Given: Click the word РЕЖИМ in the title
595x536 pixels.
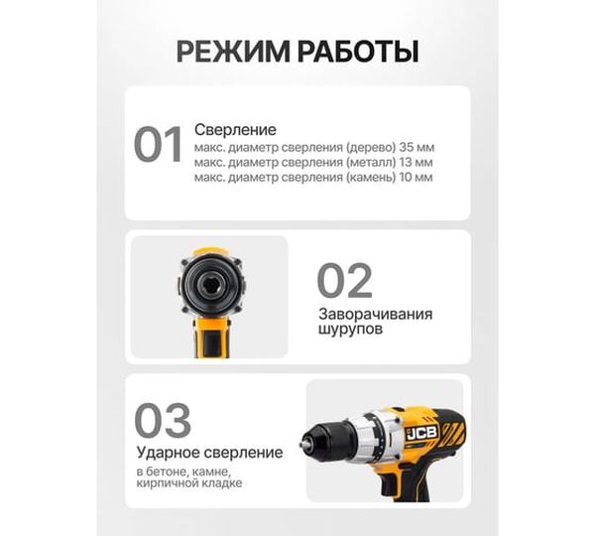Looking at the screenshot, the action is click(x=233, y=52).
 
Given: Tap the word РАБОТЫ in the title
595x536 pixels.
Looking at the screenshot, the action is click(x=358, y=52).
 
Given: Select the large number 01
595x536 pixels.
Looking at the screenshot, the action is click(x=158, y=145).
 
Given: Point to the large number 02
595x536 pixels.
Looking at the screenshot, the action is click(x=344, y=280).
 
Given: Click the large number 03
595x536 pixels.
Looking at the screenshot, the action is click(x=163, y=420).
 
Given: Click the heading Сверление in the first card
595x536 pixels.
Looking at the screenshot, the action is click(x=235, y=130).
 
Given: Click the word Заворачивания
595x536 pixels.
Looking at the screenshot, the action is click(x=375, y=315).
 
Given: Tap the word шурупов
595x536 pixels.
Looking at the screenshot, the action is click(x=351, y=330).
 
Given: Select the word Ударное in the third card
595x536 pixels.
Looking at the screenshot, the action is click(x=169, y=453).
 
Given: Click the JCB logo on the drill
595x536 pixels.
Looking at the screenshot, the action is click(x=422, y=433).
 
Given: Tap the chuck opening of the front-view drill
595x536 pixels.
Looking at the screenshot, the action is click(x=211, y=283).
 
